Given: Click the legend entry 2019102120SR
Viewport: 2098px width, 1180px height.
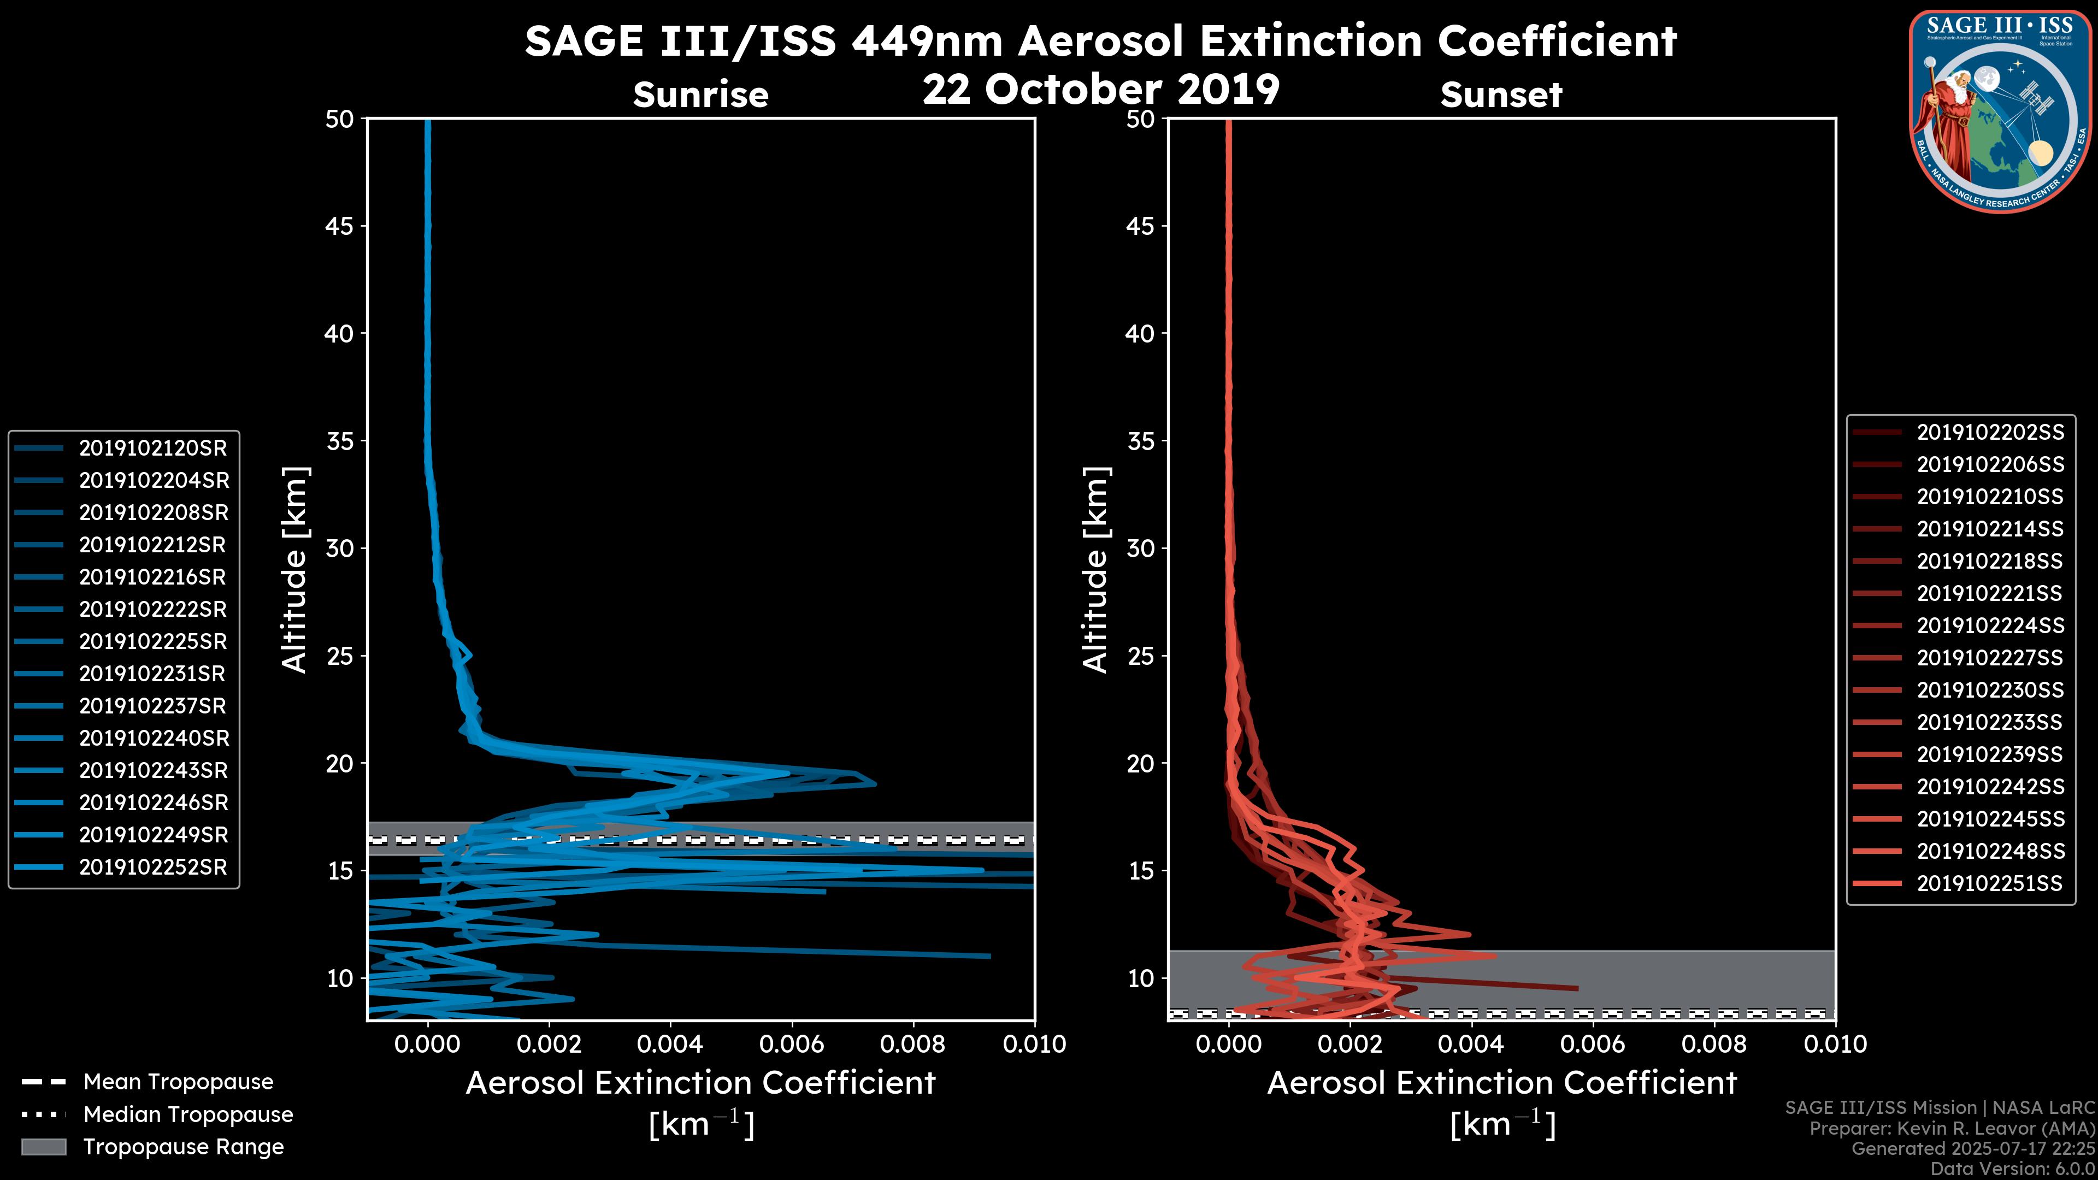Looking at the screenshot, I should coord(152,448).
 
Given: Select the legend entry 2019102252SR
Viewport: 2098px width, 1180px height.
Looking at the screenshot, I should coord(152,868).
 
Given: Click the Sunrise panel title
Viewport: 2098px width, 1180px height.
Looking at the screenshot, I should coord(700,95).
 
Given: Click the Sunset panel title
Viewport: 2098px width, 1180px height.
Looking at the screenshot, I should coord(1501,95).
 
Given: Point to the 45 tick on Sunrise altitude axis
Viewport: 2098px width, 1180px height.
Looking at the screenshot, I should coord(340,226).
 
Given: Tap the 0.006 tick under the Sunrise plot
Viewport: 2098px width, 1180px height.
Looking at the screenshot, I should coord(791,1044).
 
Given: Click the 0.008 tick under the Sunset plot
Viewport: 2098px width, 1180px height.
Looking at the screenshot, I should coord(1714,1044).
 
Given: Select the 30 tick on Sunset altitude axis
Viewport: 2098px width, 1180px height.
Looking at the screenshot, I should coord(1140,548).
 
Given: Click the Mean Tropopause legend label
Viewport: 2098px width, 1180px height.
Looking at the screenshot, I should coord(178,1082).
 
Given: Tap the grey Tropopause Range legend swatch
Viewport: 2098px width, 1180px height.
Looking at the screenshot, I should coord(43,1147).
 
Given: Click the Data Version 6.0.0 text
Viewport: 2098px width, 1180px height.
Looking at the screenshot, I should coord(2013,1169).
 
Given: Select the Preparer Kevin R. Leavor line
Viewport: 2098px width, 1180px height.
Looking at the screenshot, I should coord(1952,1128).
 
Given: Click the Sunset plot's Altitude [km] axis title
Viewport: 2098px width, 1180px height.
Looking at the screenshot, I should coord(1096,570).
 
